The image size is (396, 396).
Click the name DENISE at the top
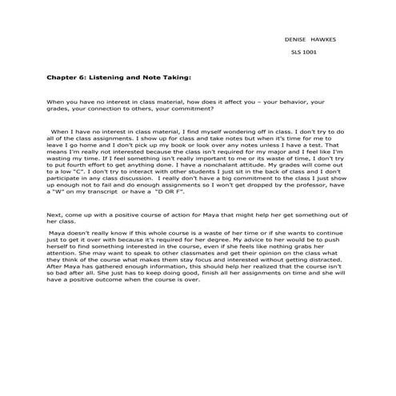(296, 38)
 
